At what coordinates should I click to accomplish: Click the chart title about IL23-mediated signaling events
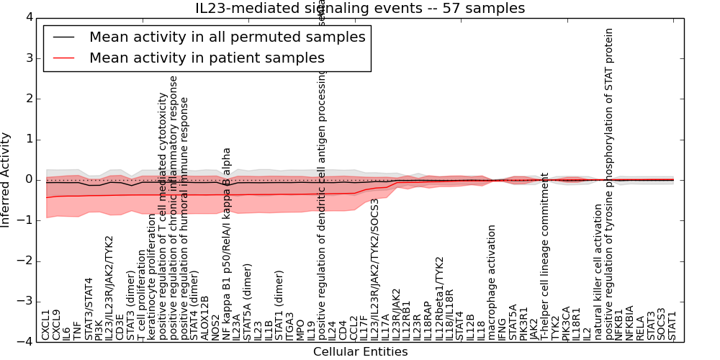pos(360,9)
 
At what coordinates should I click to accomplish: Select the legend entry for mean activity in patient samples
pos(207,58)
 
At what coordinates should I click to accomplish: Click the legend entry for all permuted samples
pos(227,37)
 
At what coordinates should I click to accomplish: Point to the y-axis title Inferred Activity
pos(6,180)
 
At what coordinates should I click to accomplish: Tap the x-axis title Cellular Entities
pos(360,352)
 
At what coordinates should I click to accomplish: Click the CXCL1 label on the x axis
pos(45,325)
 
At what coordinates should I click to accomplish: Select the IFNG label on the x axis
pos(503,328)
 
